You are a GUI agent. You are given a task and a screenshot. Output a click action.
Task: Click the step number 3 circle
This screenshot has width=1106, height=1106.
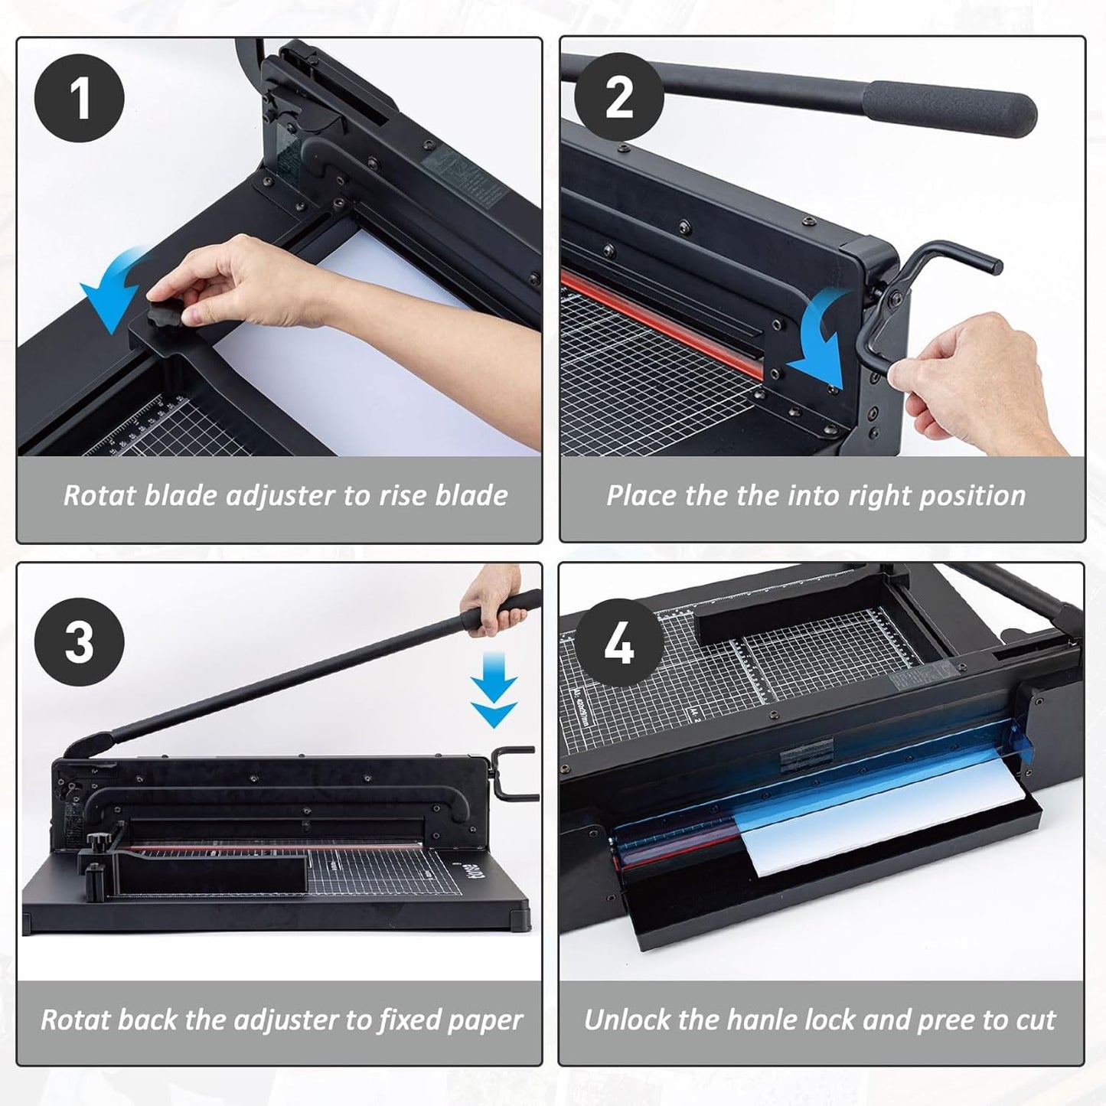pos(80,642)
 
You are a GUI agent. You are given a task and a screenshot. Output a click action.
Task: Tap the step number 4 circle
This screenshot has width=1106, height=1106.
pos(619,642)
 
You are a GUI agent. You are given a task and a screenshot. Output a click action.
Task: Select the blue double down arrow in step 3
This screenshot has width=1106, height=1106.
pos(494,700)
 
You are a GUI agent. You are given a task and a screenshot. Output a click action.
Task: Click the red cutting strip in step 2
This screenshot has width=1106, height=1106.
pos(658,321)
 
